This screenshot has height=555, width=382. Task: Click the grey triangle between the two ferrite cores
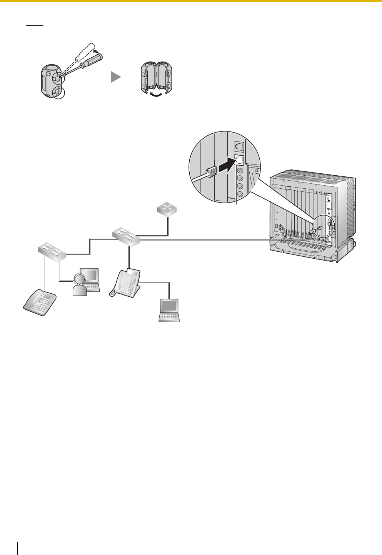click(116, 77)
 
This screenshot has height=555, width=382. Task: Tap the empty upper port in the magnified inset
click(239, 146)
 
